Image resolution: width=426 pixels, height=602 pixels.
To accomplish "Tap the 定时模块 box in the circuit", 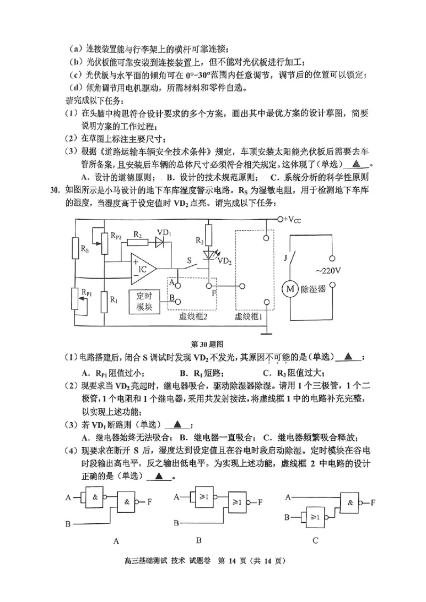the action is pos(144,302).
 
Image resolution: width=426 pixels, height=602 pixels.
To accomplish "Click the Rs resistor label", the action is pos(85,249).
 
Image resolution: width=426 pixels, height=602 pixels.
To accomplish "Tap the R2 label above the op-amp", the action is pos(138,235).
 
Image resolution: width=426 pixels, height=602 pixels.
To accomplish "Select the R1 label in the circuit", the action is pos(114,299).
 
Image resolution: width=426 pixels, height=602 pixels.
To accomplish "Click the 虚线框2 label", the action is pos(192,316).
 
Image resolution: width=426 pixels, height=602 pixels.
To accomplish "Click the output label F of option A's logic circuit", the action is pos(150,501).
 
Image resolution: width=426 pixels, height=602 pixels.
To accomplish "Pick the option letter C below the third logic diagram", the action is pos(316,540).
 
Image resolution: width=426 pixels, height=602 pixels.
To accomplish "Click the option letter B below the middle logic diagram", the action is pos(199,540).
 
